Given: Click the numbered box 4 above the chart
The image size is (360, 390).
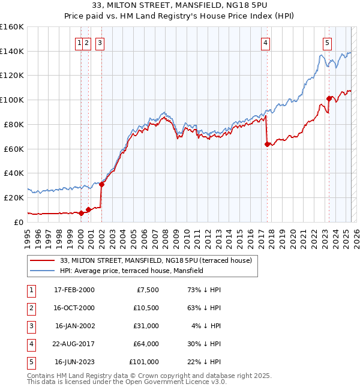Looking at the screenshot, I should pyautogui.click(x=265, y=43).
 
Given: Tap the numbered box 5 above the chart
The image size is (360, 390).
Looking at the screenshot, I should pyautogui.click(x=327, y=43).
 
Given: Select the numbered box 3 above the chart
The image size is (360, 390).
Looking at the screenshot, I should pyautogui.click(x=99, y=43).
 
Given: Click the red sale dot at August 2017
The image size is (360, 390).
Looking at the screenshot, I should pyautogui.click(x=267, y=143).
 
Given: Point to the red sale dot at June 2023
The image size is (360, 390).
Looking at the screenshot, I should pyautogui.click(x=329, y=98).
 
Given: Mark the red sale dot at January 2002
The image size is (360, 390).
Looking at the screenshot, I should pyautogui.click(x=102, y=184).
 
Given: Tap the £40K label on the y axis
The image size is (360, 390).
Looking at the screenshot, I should pyautogui.click(x=14, y=173).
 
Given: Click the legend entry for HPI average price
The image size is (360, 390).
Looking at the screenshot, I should pyautogui.click(x=132, y=271).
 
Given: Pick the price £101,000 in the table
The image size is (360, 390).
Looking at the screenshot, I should pyautogui.click(x=144, y=362).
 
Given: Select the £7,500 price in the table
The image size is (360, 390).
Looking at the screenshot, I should pyautogui.click(x=148, y=290).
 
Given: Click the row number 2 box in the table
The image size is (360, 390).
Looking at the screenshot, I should pyautogui.click(x=30, y=308).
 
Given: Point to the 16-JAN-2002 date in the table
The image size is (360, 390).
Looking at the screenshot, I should pyautogui.click(x=74, y=326).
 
